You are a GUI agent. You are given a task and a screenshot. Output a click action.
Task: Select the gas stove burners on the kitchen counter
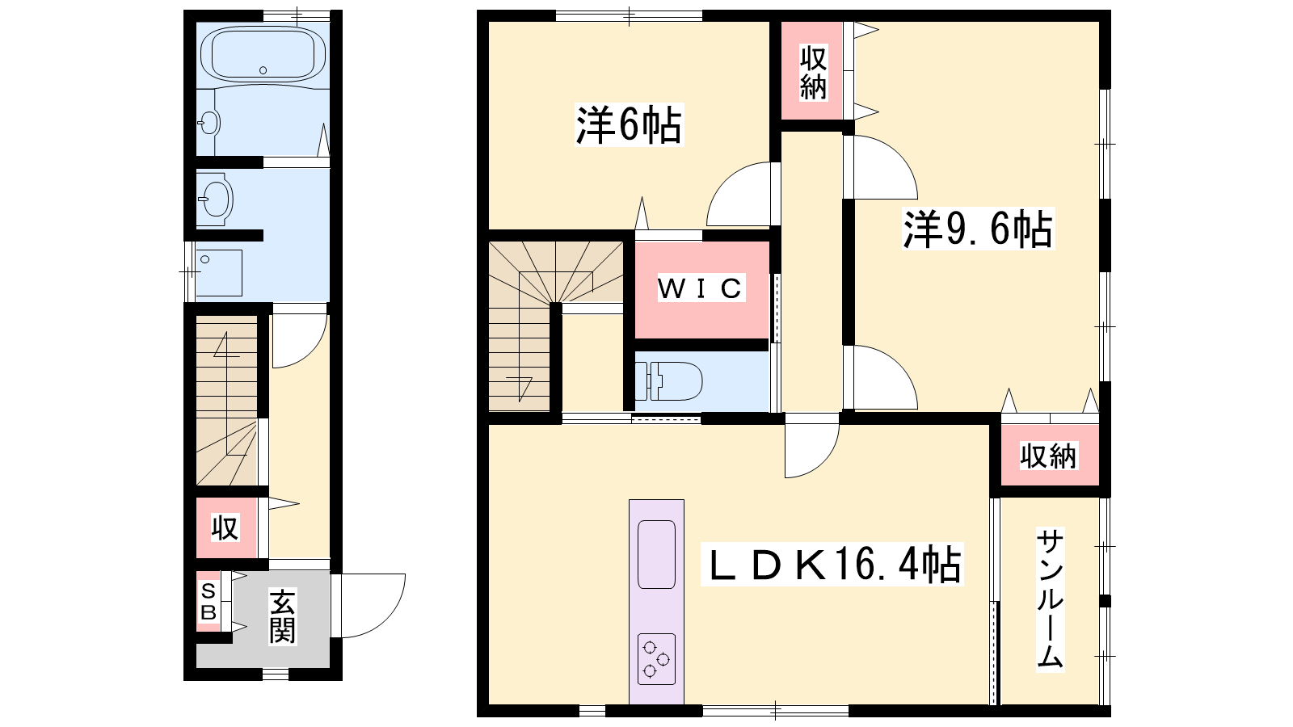(656, 659)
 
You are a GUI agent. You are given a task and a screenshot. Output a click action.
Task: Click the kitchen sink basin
(656, 554)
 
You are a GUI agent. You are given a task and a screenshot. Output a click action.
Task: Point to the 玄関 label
(282, 617)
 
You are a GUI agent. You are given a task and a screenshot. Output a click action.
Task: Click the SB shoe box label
(208, 601)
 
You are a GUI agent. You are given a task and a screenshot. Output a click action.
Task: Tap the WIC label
(700, 288)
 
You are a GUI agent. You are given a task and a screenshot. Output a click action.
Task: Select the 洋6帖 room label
(629, 125)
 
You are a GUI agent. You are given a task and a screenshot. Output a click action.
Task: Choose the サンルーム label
(1050, 599)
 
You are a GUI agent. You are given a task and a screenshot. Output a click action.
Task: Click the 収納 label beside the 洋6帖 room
(813, 73)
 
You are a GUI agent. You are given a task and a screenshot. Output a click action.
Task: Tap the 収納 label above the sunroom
(1048, 456)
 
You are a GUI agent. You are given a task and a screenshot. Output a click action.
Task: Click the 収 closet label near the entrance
(225, 527)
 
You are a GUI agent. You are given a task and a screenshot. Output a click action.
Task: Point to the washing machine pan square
(219, 272)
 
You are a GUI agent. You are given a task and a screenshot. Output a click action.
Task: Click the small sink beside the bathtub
(209, 124)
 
